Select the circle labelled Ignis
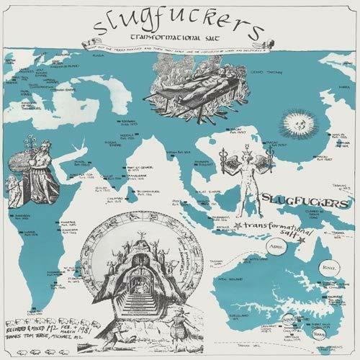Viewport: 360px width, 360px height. click(x=313, y=250)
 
